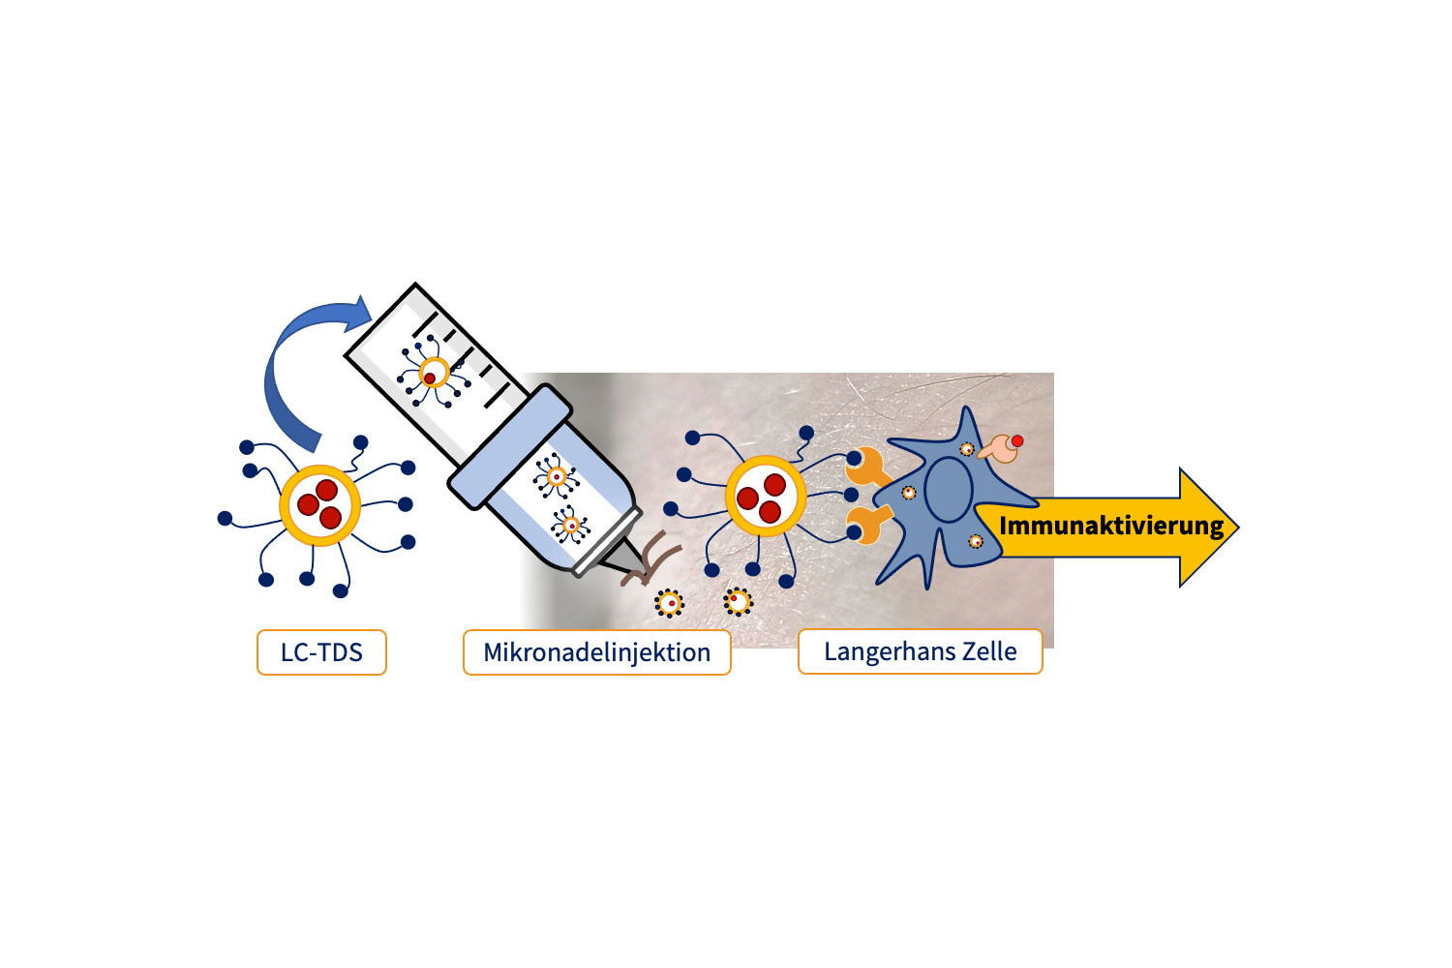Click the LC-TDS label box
click(321, 652)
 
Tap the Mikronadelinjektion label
click(596, 652)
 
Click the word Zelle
click(989, 651)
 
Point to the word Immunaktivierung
click(1111, 527)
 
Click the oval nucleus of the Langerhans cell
click(948, 490)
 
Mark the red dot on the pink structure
click(1016, 441)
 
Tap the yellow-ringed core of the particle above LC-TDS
click(319, 504)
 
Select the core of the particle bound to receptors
click(765, 497)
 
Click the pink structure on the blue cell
click(999, 448)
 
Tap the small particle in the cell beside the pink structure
click(966, 448)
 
